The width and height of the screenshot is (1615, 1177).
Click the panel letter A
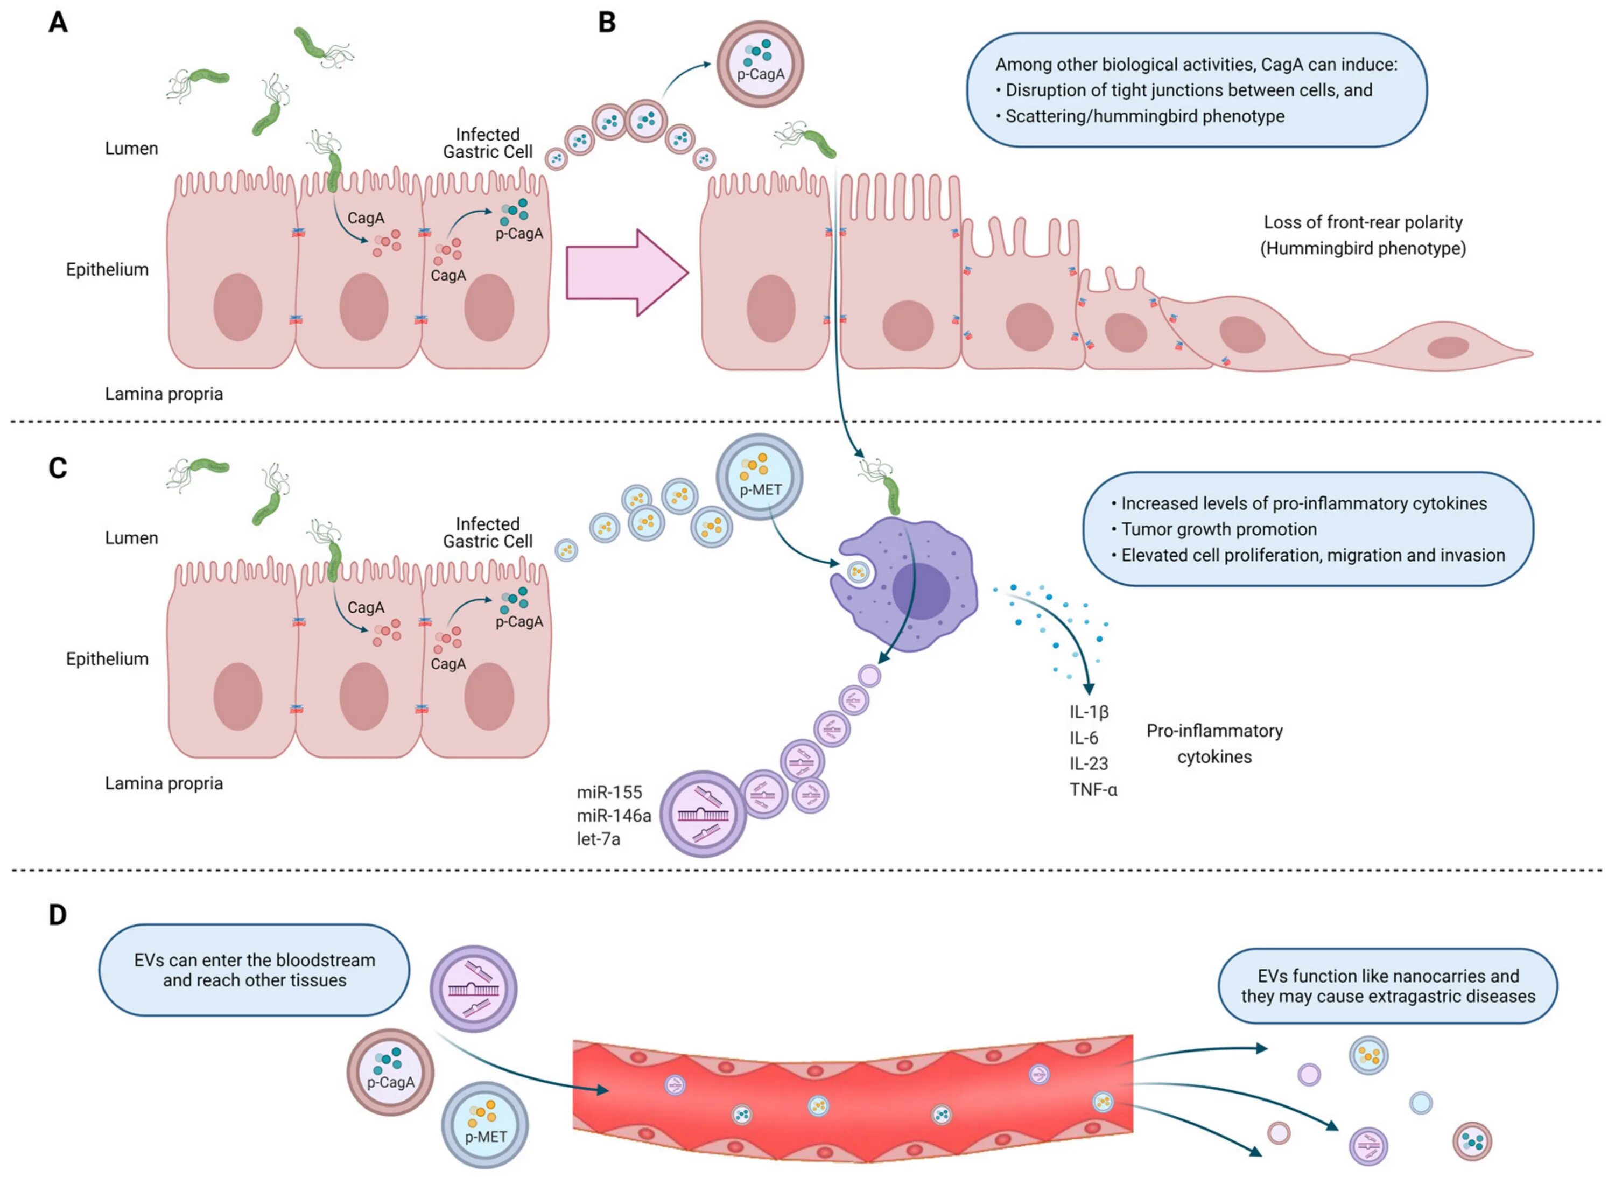[58, 22]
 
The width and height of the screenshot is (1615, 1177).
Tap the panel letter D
[58, 914]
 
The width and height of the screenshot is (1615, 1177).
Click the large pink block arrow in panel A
[627, 273]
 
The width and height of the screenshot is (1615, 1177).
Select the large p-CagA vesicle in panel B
[760, 64]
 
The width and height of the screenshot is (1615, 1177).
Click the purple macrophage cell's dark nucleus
[921, 591]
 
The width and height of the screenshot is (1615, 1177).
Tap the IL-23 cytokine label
[1089, 764]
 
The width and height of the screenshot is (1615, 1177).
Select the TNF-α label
[1093, 789]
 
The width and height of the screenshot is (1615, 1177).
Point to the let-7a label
[599, 839]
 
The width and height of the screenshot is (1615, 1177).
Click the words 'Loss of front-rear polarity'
[1363, 222]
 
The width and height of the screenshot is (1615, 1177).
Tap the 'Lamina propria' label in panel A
[164, 394]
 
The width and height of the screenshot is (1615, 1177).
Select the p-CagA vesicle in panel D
[390, 1071]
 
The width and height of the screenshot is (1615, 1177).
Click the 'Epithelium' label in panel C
[108, 659]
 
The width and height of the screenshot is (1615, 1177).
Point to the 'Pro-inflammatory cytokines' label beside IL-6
[1214, 744]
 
